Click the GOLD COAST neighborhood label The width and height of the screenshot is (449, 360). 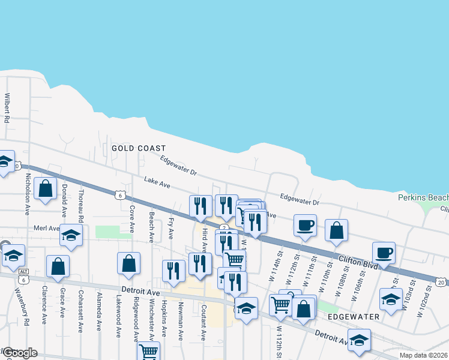tap(138, 148)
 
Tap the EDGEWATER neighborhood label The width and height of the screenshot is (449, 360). tap(354, 316)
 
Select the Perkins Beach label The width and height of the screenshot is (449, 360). tap(423, 197)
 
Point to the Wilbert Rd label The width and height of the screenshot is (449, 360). tap(8, 107)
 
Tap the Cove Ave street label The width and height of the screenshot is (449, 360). tap(132, 219)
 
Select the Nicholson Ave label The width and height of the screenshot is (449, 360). tap(27, 194)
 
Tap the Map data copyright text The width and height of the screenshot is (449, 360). tap(423, 355)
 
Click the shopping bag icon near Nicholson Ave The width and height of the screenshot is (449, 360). tap(46, 188)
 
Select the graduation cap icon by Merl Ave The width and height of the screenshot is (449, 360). tap(71, 236)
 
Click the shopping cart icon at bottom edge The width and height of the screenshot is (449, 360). tap(148, 351)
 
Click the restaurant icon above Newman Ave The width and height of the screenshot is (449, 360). tap(173, 271)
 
